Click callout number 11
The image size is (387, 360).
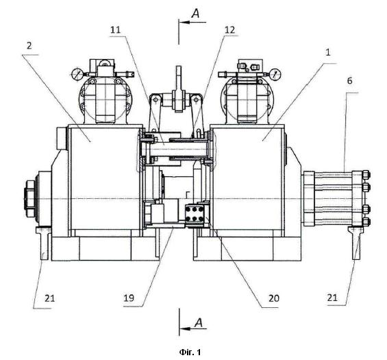pos(115,30)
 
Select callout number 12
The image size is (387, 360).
pos(229,30)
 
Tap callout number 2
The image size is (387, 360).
pos(29,46)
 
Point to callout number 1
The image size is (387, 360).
pos(328,52)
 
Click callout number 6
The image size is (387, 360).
pos(349,81)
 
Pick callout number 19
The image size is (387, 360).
pos(129,298)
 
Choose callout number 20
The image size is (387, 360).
pos(274,298)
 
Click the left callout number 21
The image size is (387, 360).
pos(49,298)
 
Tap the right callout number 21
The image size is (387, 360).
pos(332,298)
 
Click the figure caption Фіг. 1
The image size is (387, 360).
pos(190,352)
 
